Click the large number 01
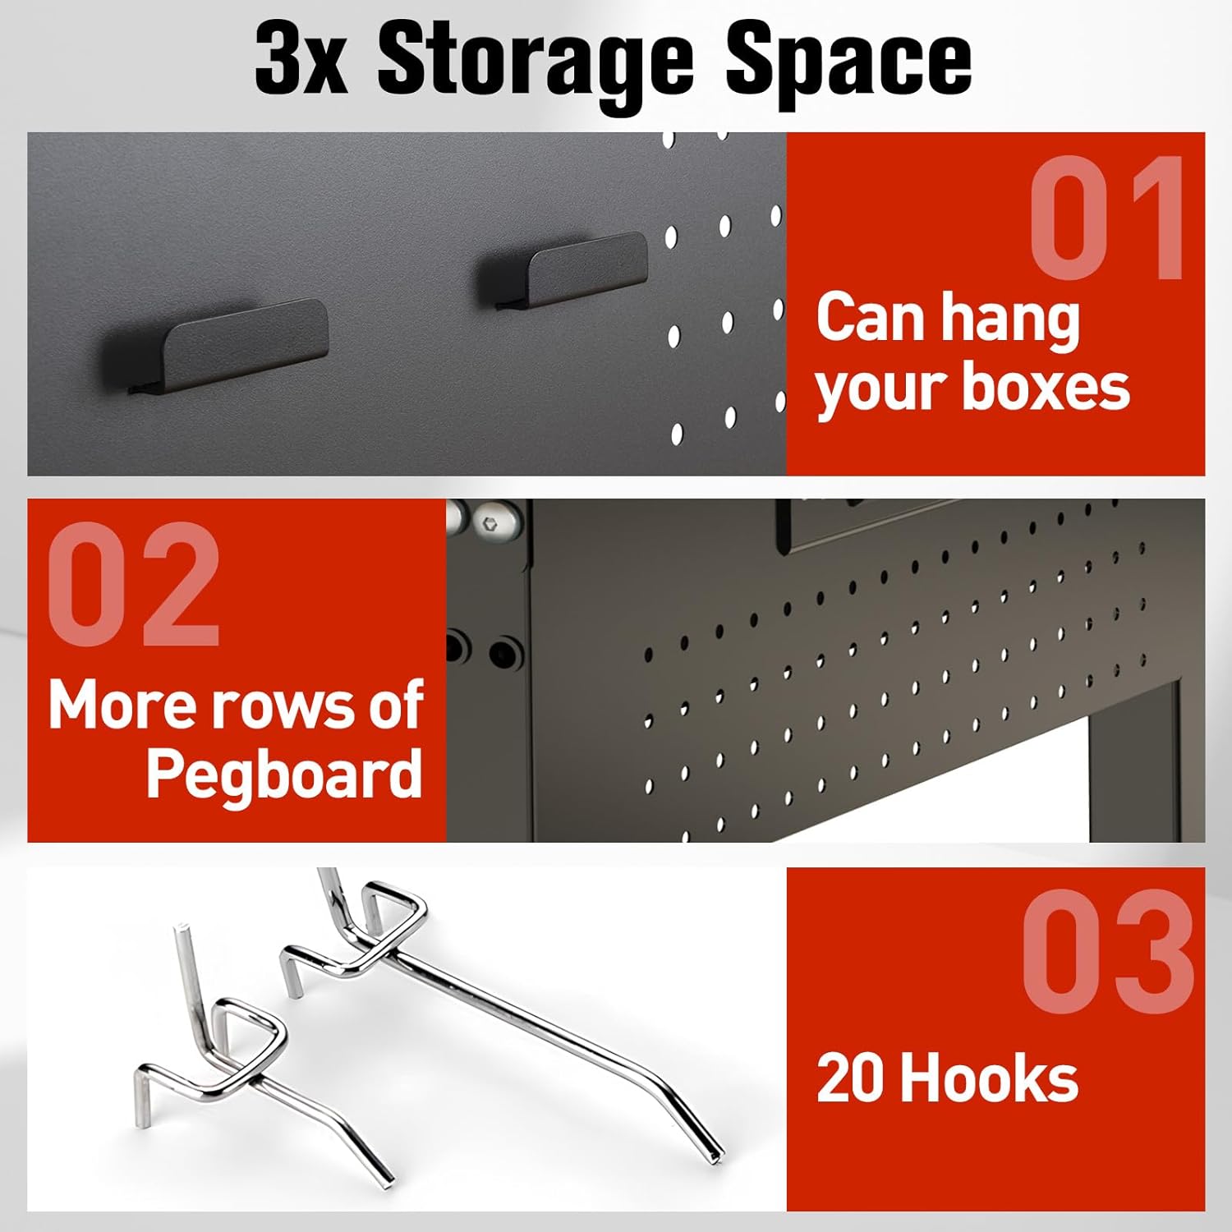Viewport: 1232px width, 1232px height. pyautogui.click(x=1106, y=218)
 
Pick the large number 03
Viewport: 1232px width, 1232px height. pyautogui.click(x=1107, y=951)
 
